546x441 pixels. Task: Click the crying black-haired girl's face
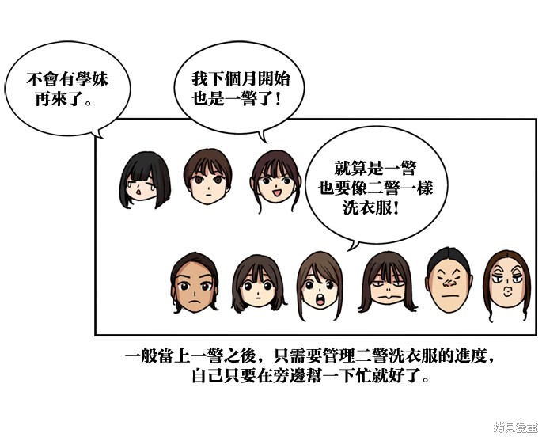(145, 180)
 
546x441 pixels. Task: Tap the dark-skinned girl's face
(195, 283)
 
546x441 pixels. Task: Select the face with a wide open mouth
(320, 286)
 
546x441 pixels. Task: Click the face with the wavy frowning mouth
(388, 282)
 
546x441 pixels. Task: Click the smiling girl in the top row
(275, 180)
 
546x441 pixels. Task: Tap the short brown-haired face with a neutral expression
(208, 177)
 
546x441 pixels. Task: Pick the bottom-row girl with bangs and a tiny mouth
(258, 284)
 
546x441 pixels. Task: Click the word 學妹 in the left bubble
(92, 79)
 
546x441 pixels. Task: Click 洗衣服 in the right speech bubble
(366, 208)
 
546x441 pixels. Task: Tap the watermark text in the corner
(516, 428)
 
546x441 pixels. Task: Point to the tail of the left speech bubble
(98, 134)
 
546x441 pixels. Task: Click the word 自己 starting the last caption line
(208, 377)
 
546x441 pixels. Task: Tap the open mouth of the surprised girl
(320, 300)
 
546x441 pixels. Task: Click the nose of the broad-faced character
(449, 283)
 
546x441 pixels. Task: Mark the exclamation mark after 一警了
(277, 100)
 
